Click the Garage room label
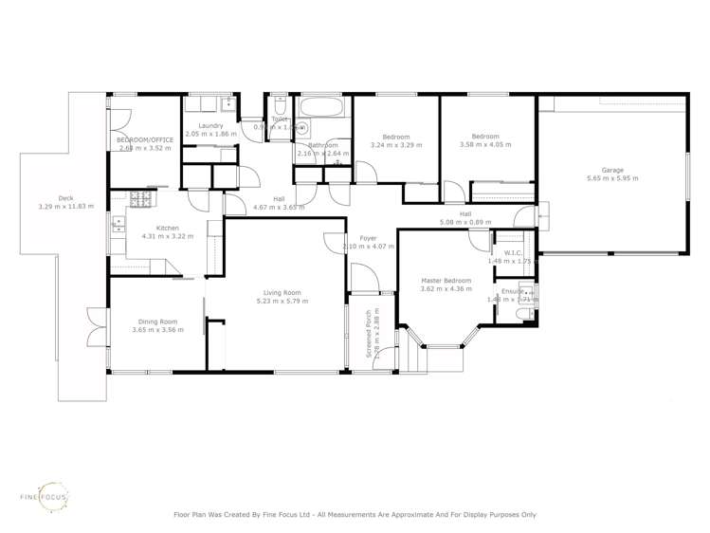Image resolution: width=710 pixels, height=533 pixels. coord(611,170)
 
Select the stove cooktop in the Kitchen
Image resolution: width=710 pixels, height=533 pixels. coord(140,199)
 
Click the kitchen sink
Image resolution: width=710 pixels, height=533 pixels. coord(118,225)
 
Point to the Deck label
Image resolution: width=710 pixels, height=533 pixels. coord(65,198)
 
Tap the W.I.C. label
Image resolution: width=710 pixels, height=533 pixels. coord(513,252)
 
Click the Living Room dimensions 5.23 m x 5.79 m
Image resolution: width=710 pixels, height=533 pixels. coord(282,301)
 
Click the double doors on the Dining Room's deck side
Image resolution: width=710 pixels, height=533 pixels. coord(92,328)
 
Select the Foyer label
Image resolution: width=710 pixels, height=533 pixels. coord(368,238)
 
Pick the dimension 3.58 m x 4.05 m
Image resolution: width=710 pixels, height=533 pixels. coord(484,145)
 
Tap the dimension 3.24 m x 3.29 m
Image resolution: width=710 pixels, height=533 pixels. coord(395,145)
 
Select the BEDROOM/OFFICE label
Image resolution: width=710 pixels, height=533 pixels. coord(145,139)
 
